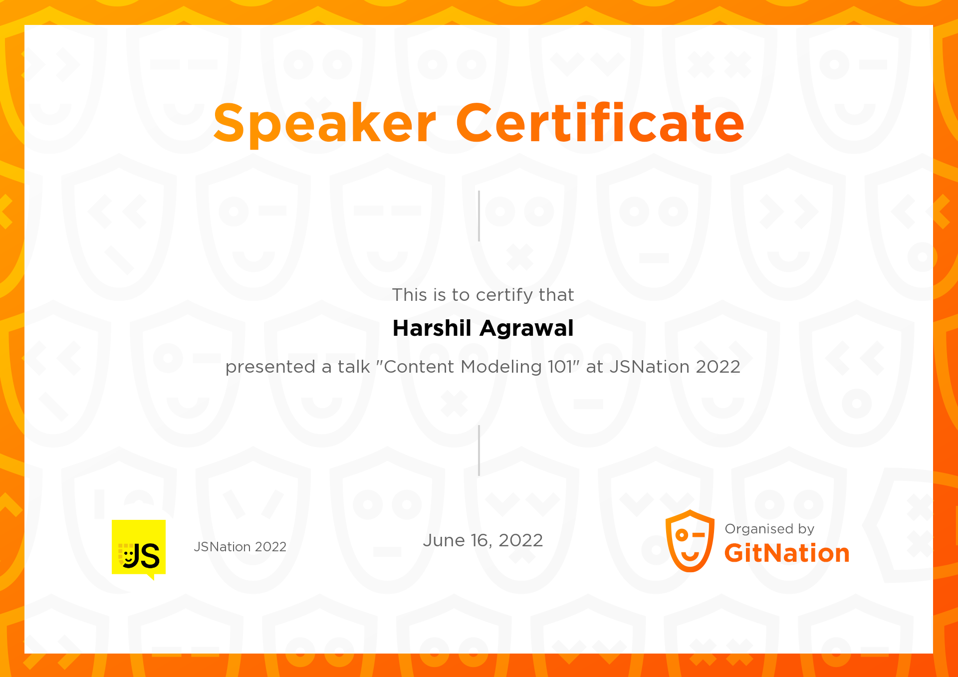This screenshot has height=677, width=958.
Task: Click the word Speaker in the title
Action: pyautogui.click(x=325, y=123)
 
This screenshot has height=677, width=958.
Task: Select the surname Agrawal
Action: pyautogui.click(x=527, y=329)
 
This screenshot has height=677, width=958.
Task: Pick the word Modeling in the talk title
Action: pyautogui.click(x=501, y=367)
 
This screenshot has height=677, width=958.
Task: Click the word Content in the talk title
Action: pyautogui.click(x=420, y=367)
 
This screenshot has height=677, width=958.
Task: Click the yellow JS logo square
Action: pyautogui.click(x=139, y=548)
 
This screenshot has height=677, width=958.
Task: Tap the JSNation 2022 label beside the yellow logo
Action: pyautogui.click(x=240, y=547)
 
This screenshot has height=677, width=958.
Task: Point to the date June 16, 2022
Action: pyautogui.click(x=482, y=540)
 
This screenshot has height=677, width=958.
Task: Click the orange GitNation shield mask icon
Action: pyautogui.click(x=690, y=541)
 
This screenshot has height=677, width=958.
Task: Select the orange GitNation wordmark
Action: pyautogui.click(x=787, y=553)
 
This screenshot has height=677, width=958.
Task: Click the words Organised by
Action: pyautogui.click(x=769, y=529)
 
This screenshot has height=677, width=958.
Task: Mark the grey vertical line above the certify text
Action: pyautogui.click(x=479, y=216)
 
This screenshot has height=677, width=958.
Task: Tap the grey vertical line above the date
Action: pyautogui.click(x=479, y=451)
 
